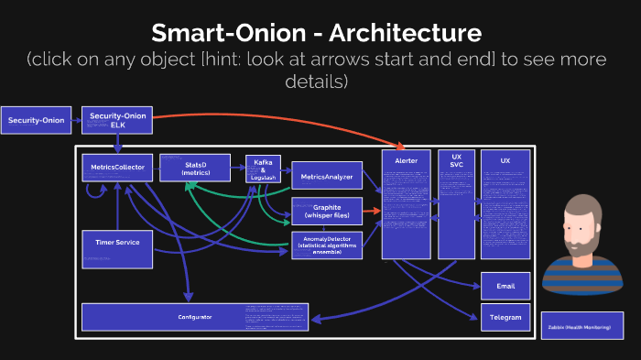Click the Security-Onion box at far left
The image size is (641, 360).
37,120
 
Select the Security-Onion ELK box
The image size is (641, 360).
117,120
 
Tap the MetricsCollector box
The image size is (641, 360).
117,168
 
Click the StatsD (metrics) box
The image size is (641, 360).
195,168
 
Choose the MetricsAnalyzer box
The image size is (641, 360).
326,173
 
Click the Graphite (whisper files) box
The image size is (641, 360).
326,211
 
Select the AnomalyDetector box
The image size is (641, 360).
326,244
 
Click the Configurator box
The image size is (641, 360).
194,317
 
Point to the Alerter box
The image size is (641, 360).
406,203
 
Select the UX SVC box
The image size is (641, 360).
456,203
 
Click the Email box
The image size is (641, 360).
505,286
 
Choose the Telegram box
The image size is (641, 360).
505,317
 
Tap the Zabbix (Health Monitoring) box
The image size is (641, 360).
581,326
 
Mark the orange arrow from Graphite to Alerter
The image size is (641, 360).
371,211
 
